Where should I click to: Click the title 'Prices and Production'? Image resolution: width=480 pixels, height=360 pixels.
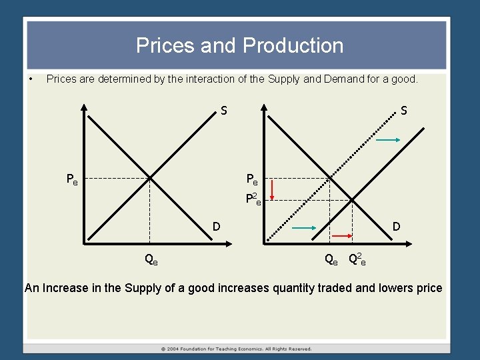pos(240,45)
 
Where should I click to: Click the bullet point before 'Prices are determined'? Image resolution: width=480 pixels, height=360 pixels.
pos(31,79)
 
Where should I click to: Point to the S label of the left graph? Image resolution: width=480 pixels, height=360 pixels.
pos(224,110)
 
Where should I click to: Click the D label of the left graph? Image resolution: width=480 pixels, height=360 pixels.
pos(217,227)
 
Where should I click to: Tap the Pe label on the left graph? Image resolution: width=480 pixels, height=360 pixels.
pos(72,179)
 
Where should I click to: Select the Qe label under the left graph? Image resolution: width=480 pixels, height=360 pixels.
pos(151,259)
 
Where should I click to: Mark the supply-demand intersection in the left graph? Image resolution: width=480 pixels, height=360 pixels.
pos(150,179)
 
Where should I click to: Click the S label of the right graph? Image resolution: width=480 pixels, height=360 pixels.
pos(404,110)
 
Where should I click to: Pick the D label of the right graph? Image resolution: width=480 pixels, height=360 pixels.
pos(397,227)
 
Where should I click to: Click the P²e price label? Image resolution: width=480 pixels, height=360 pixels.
pos(253,199)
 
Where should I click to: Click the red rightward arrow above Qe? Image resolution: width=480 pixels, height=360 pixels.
pos(342,236)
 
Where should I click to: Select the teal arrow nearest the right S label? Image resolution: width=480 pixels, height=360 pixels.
pos(387,140)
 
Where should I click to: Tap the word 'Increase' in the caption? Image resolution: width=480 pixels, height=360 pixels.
pos(65,288)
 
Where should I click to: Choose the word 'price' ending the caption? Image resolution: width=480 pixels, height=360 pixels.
pos(427,288)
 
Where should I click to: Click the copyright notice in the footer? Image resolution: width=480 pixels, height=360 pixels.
pos(236,349)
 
